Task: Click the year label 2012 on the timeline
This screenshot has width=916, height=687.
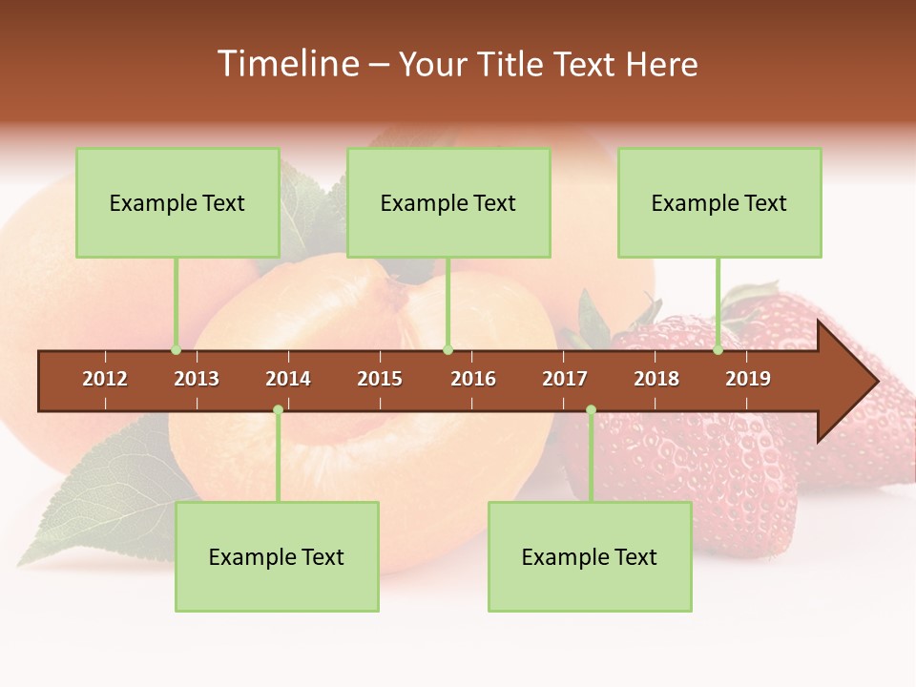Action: click(x=105, y=379)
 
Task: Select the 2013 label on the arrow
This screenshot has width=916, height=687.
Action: click(x=197, y=379)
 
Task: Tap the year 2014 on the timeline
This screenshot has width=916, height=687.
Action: click(x=288, y=379)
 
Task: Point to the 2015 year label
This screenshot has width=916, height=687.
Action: click(x=380, y=379)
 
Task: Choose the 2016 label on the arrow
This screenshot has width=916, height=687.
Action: click(x=473, y=379)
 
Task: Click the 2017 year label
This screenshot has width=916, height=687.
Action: click(x=565, y=379)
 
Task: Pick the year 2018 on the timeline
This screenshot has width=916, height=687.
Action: click(x=656, y=379)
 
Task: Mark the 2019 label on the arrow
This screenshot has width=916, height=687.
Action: click(x=748, y=379)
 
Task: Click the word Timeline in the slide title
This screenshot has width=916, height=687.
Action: click(x=286, y=64)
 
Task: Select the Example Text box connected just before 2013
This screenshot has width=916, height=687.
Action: click(x=177, y=202)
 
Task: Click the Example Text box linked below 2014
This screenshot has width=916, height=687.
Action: click(x=277, y=556)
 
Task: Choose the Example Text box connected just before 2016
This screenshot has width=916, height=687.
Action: click(x=448, y=202)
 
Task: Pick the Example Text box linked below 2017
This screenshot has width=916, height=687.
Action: click(x=590, y=556)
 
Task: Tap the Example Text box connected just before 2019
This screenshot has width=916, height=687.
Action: click(x=719, y=202)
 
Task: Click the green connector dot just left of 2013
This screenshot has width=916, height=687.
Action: click(x=176, y=350)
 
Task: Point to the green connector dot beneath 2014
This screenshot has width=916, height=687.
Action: click(x=278, y=410)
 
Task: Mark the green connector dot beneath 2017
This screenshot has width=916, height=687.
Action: click(x=591, y=410)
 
